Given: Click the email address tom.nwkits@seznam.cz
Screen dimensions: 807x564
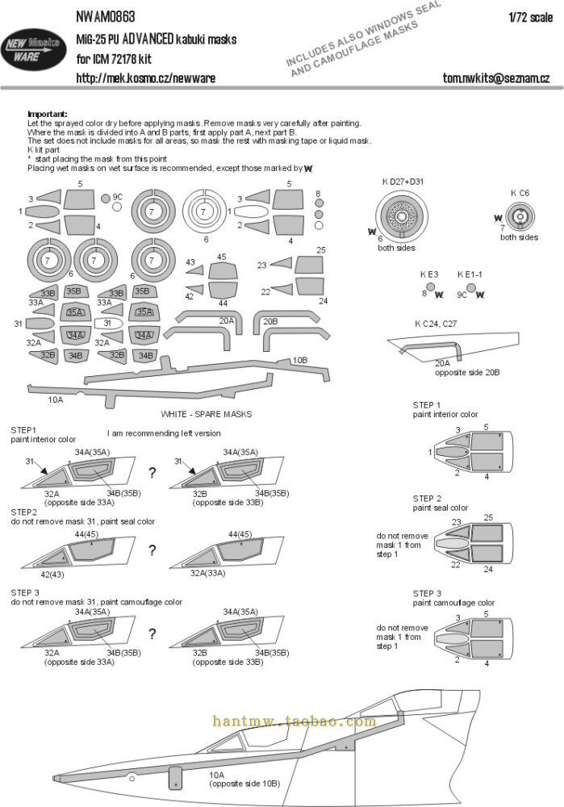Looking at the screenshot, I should (x=496, y=77).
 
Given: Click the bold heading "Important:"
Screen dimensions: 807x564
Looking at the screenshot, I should (x=48, y=114).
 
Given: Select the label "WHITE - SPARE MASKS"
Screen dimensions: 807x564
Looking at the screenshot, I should (x=206, y=414).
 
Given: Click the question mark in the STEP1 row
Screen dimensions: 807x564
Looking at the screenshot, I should (x=152, y=471).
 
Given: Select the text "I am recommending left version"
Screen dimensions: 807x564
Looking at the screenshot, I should (x=163, y=433).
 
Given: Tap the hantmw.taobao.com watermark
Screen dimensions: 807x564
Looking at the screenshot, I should (x=294, y=721).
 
